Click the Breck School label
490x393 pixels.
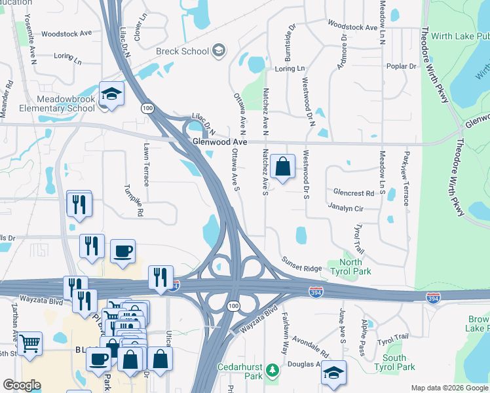click(x=182, y=51)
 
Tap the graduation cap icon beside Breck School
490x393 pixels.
click(x=219, y=51)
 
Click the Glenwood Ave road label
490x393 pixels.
click(x=219, y=141)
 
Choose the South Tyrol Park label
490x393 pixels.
click(x=394, y=362)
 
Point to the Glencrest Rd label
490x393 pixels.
click(x=353, y=193)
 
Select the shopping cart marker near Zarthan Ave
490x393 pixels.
click(x=29, y=343)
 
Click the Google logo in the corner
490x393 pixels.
click(x=22, y=385)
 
